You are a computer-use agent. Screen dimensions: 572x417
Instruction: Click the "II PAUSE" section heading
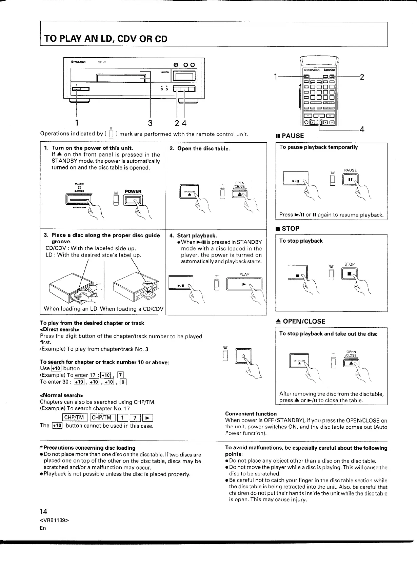click(290, 136)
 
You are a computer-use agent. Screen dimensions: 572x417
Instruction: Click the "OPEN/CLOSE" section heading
click(301, 321)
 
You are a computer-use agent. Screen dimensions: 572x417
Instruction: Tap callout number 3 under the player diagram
click(150, 122)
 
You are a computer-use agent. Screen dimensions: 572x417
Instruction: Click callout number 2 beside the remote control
click(362, 77)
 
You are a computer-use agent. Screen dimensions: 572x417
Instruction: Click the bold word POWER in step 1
click(133, 191)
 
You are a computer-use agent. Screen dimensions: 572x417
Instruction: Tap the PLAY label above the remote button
click(244, 274)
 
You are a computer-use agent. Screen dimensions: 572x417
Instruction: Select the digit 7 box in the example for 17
click(120, 375)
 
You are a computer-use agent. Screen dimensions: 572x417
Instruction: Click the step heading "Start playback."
click(197, 236)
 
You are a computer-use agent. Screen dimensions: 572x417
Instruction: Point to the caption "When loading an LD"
click(71, 309)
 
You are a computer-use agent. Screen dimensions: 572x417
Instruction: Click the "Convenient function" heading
click(251, 414)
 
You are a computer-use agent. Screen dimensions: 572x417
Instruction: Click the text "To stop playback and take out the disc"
click(328, 334)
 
